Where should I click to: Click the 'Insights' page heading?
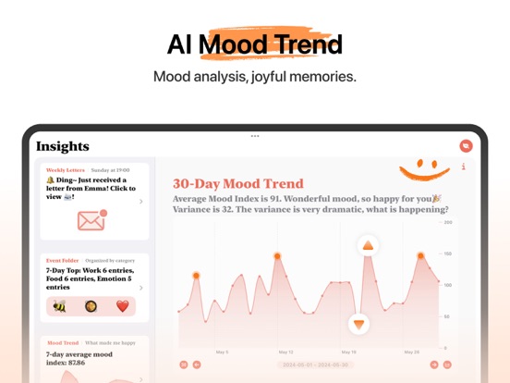coord(63,146)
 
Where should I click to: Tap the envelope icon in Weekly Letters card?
coord(91,220)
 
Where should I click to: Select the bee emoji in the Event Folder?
coord(59,306)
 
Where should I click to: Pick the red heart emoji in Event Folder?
coord(122,306)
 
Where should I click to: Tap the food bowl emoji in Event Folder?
coord(91,306)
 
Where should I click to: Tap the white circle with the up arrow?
coord(368,246)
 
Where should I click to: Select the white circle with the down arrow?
coord(359,324)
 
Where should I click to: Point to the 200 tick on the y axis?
coord(448,222)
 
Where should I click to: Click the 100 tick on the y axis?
coord(448,285)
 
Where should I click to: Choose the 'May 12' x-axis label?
coord(285,352)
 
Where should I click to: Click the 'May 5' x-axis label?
coord(222,352)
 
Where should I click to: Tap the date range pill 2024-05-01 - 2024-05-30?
coord(316,365)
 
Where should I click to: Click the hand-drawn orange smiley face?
coord(425,167)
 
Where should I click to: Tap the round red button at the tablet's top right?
coord(466,145)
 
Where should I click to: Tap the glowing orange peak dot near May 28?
coord(420,255)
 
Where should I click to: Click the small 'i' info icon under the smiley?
coord(463,167)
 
